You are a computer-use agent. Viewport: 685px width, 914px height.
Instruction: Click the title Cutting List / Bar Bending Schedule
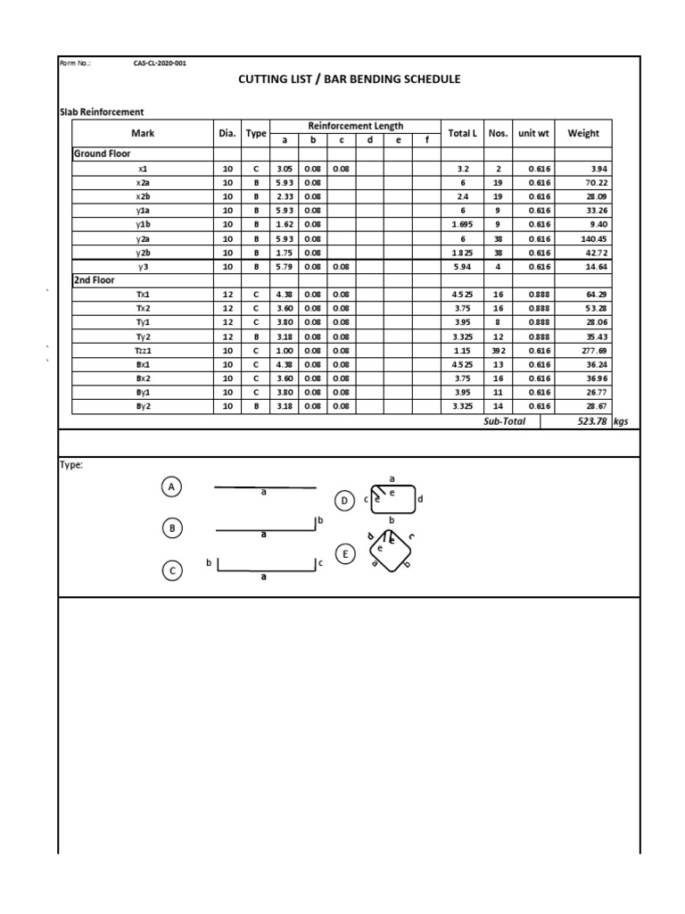click(x=350, y=79)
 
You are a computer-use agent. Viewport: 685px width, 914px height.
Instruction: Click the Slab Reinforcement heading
click(x=101, y=112)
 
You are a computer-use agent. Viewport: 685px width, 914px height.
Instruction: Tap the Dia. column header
click(x=227, y=133)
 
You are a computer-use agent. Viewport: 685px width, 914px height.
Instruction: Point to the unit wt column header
click(x=533, y=133)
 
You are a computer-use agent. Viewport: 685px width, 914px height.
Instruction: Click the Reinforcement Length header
click(x=355, y=126)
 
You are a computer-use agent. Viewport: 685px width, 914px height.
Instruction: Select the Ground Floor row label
click(x=102, y=154)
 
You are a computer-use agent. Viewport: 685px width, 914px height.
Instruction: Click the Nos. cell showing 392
click(x=498, y=350)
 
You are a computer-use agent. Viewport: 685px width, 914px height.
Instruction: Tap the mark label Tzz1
click(x=144, y=350)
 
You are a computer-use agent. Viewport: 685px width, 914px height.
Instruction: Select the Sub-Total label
click(x=505, y=420)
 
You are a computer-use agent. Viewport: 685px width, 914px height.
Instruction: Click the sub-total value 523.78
click(x=590, y=420)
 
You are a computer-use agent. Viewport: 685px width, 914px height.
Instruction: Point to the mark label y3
click(x=143, y=266)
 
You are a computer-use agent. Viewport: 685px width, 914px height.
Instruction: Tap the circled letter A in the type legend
click(x=172, y=486)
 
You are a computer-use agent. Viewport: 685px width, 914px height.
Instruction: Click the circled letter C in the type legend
click(x=172, y=570)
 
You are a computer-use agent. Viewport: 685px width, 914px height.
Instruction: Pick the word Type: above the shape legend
click(x=70, y=464)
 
